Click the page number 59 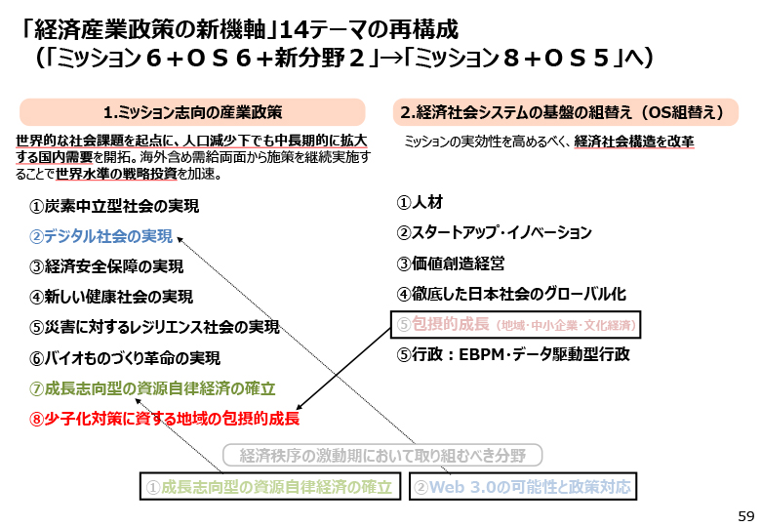(746, 516)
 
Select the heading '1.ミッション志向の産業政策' (192, 112)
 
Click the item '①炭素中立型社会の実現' (114, 206)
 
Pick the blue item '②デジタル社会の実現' (100, 236)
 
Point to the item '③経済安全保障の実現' (106, 266)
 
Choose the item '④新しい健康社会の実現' (111, 297)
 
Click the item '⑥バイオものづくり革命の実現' (125, 358)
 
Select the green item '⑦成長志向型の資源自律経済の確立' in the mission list (152, 388)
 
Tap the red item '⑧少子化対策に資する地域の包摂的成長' (165, 419)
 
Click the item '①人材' (420, 202)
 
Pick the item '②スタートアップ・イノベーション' (494, 233)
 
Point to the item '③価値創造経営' (451, 263)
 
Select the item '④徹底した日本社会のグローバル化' (511, 294)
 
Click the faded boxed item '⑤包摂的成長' (516, 325)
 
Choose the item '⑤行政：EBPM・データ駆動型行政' (513, 354)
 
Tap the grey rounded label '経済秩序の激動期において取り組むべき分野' (382, 456)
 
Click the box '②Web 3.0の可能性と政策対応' (523, 486)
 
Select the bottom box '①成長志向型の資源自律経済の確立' (270, 486)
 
